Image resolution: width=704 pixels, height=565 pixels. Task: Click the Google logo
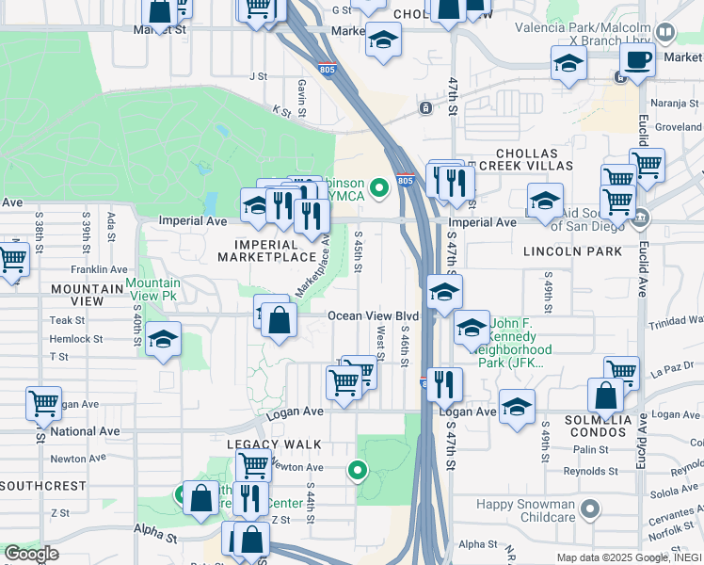(x=31, y=555)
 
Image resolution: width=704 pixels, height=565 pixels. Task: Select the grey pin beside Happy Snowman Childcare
(x=589, y=510)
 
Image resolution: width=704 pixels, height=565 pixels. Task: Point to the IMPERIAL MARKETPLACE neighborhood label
(x=266, y=249)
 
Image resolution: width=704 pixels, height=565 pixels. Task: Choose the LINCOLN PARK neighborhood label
(x=583, y=251)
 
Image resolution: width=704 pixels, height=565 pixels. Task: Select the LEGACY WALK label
(x=274, y=444)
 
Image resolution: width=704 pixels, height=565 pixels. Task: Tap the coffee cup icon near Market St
(x=637, y=60)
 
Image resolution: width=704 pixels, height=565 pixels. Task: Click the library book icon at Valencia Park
(x=664, y=33)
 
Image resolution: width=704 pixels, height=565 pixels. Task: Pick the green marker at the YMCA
(x=379, y=188)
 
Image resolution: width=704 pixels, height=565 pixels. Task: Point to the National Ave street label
(x=86, y=431)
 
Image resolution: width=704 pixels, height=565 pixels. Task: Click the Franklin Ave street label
(x=99, y=269)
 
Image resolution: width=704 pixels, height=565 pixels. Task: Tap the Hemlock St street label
(x=76, y=339)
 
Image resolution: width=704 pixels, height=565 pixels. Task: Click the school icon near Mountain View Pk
(x=163, y=340)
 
